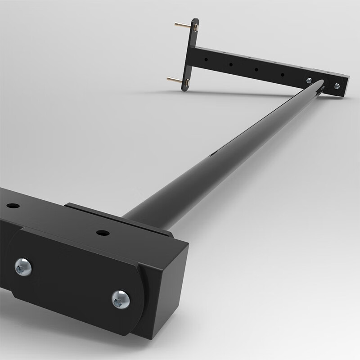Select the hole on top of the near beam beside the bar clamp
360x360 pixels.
(103, 233)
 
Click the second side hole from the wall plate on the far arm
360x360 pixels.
(230, 65)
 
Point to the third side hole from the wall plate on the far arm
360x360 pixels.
(256, 70)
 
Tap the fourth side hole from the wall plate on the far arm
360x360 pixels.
(282, 75)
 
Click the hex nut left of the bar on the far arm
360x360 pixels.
(309, 81)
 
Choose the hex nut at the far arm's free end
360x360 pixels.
(337, 85)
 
